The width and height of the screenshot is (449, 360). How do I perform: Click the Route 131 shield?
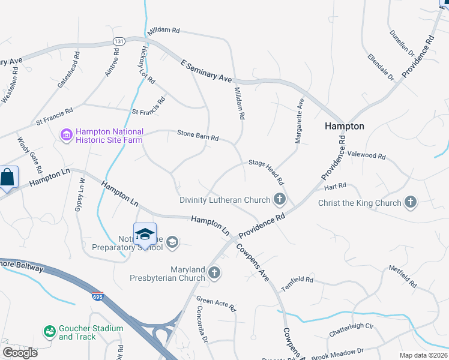[x=119, y=41]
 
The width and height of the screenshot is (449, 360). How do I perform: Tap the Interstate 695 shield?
[x=97, y=296]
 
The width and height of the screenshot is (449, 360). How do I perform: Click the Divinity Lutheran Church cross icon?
[x=279, y=199]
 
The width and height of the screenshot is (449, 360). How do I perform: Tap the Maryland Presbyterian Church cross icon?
[x=214, y=274]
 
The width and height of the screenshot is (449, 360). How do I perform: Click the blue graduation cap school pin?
[x=145, y=234]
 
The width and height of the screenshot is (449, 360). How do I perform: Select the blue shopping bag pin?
[x=7, y=178]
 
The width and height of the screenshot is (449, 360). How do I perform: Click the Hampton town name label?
[x=344, y=126]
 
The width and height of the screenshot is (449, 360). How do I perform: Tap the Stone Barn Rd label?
[x=197, y=136]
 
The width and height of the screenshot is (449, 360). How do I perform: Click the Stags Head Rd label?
[x=267, y=170]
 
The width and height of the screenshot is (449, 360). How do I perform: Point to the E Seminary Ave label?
[x=206, y=71]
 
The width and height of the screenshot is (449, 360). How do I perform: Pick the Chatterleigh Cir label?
[x=351, y=329]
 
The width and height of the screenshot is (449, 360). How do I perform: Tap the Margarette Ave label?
[x=298, y=121]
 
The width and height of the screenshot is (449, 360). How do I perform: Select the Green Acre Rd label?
[x=217, y=304]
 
